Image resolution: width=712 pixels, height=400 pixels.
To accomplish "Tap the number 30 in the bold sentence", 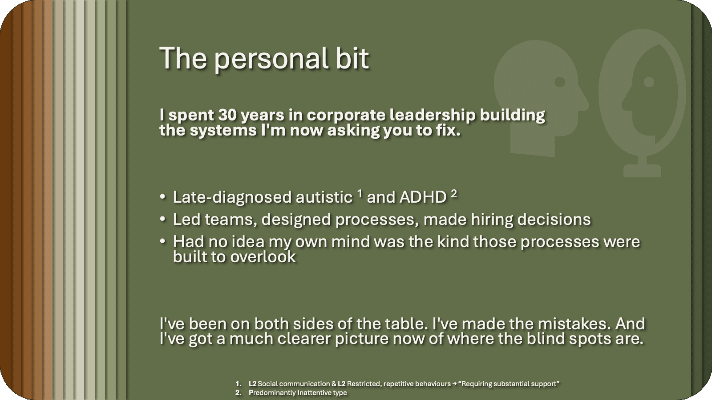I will pos(227,115).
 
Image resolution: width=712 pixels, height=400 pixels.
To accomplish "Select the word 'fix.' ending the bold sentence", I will pos(448,131).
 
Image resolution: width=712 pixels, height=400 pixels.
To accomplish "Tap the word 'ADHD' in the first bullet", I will pos(423,197).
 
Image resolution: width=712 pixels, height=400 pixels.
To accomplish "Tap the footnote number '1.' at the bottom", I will pos(239,384).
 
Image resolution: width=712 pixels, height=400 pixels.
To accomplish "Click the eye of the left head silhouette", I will pos(560,82).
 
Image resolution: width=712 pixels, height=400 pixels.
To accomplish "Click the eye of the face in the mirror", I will pos(649,82).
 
